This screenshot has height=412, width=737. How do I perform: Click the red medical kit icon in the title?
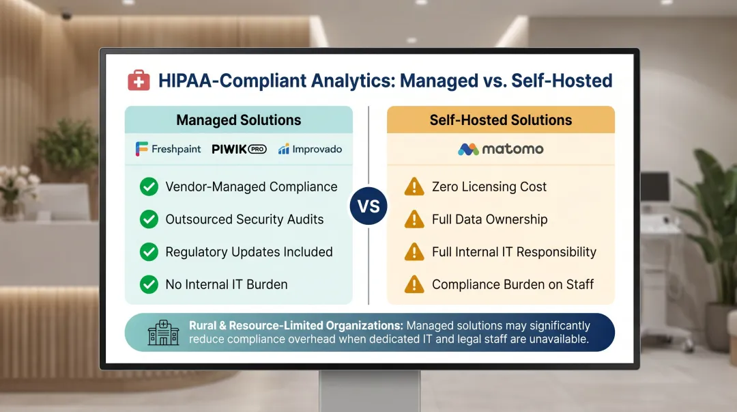[139, 81]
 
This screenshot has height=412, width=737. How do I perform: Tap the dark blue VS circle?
[369, 206]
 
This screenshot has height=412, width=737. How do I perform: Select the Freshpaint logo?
[168, 149]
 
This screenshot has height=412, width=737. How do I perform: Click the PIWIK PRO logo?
[239, 149]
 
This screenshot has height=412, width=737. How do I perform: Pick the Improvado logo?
[310, 149]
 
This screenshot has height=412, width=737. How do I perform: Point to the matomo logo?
[500, 149]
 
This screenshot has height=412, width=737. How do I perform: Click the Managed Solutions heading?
[238, 120]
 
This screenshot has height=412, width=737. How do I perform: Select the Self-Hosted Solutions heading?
[500, 120]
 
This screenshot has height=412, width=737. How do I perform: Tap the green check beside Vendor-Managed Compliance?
[149, 187]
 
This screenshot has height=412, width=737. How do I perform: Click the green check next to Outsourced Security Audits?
[149, 219]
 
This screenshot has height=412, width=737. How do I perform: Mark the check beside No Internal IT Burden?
[149, 284]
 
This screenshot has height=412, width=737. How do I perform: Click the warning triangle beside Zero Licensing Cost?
[414, 187]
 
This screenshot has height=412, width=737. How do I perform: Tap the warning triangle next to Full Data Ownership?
[414, 219]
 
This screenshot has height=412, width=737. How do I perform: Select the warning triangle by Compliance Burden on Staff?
[414, 284]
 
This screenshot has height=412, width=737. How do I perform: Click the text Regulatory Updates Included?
[248, 251]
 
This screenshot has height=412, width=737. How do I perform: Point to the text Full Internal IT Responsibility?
[514, 251]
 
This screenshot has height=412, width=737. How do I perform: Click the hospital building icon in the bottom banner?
[163, 333]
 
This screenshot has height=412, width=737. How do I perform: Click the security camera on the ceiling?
[67, 15]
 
